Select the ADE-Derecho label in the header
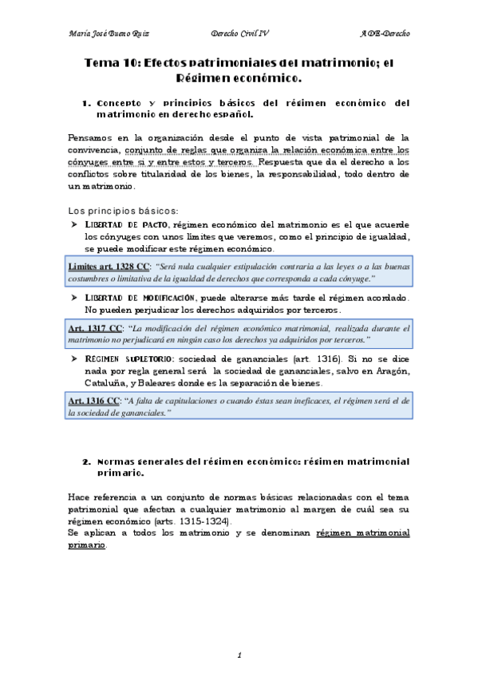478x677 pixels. [x=384, y=34]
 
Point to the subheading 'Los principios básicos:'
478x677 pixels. [x=111, y=209]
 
